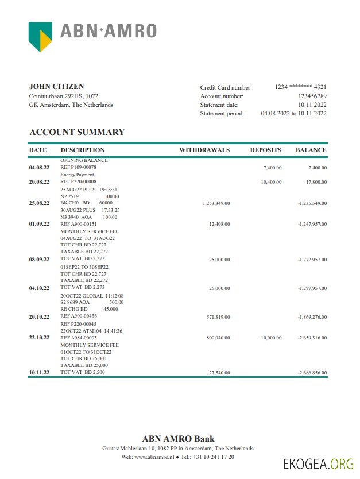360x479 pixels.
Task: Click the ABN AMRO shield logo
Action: click(40, 36)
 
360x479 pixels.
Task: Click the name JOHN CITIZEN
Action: click(56, 87)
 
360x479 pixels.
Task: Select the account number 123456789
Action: click(312, 96)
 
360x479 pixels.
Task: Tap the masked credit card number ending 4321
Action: click(301, 87)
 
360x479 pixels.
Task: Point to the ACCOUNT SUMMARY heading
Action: click(77, 132)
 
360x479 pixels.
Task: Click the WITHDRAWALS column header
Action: click(204, 150)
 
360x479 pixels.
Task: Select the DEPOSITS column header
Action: click(266, 150)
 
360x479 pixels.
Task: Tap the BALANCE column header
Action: click(311, 150)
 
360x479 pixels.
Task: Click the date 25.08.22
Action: click(39, 203)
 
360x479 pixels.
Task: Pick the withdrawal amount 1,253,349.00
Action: click(216, 203)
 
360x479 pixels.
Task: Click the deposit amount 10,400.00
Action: click(271, 182)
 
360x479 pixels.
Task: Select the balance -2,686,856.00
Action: click(312, 373)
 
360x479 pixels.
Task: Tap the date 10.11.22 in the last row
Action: click(39, 373)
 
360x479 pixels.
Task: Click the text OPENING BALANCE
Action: click(84, 161)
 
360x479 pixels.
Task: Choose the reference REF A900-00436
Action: click(79, 316)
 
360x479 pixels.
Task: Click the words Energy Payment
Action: click(77, 175)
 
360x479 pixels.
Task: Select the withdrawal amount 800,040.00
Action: click(218, 338)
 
